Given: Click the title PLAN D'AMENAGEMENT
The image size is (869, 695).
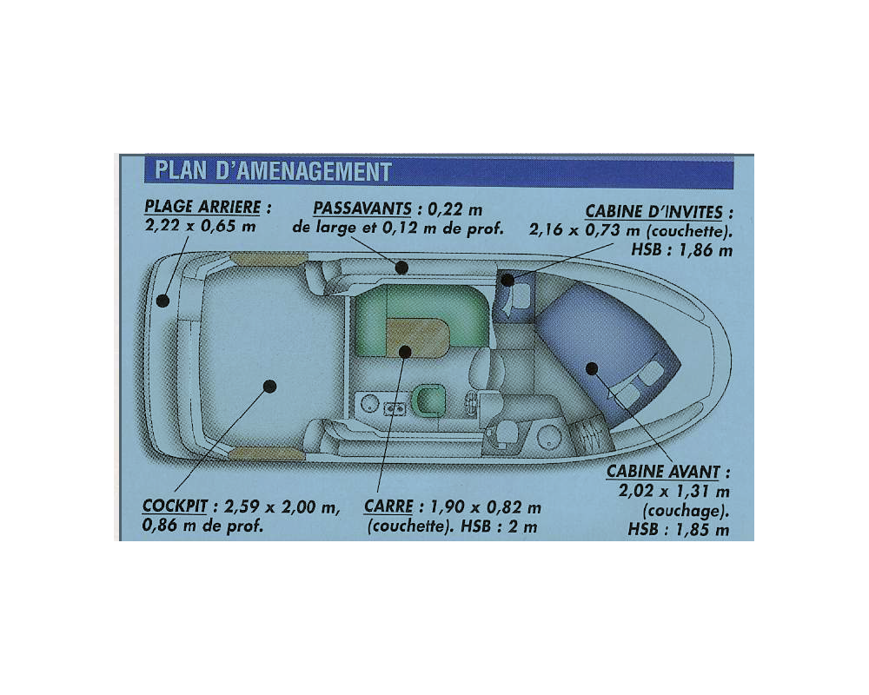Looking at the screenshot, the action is tap(273, 171).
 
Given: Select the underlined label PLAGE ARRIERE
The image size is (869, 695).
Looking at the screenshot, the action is tap(202, 207).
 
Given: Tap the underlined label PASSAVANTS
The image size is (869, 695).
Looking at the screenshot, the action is tap(362, 209).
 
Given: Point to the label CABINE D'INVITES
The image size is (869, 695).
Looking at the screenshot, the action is tap(654, 212).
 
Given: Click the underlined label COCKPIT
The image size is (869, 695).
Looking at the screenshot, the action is tap(175, 506).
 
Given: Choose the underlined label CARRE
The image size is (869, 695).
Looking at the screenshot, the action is tap(388, 506).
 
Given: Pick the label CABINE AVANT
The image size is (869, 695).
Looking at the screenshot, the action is tap(663, 472).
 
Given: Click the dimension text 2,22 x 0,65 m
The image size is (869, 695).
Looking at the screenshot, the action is tap(200, 226).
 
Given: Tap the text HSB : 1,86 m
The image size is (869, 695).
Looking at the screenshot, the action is tap(681, 250).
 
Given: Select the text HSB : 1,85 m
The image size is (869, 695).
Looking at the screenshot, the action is tap(679, 530).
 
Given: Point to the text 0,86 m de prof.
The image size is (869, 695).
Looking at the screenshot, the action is tap(202, 526).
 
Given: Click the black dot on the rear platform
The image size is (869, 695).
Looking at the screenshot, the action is tap(163, 301).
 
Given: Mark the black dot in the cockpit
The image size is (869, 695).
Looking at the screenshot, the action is tap(270, 386).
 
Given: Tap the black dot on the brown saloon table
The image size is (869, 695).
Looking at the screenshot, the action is tap(405, 351).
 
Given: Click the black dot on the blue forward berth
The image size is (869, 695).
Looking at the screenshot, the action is tap(592, 368).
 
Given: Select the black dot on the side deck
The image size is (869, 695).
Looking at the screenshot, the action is tap(401, 268).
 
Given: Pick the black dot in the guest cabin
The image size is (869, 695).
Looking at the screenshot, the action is tap(507, 281).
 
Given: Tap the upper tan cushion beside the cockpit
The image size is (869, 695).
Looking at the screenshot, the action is tap(269, 259).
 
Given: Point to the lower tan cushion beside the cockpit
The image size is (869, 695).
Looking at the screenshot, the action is tap(267, 453).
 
